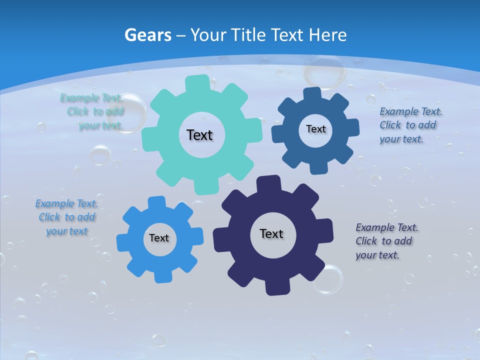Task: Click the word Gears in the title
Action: [x=147, y=35]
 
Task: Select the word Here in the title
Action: [x=328, y=35]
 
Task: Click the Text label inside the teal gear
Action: [x=199, y=135]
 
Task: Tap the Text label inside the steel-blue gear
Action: [x=315, y=129]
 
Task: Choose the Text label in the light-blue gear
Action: [x=159, y=238]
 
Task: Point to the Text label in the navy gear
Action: [x=271, y=234]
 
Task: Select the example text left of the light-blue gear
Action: [x=66, y=217]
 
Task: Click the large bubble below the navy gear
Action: [x=328, y=279]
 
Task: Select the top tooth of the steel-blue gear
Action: [x=311, y=93]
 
